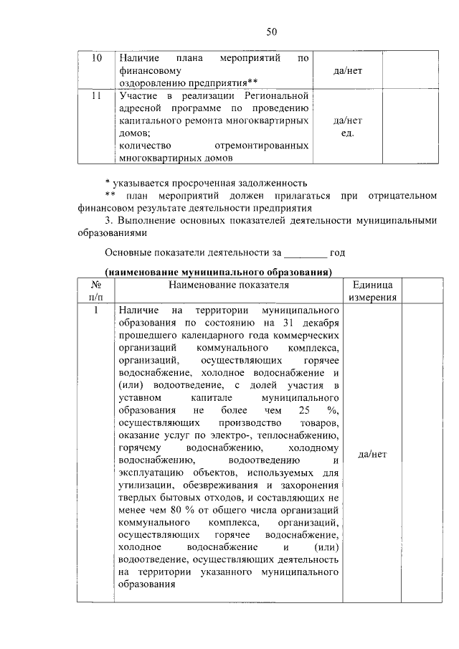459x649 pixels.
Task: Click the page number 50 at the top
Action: pos(271,31)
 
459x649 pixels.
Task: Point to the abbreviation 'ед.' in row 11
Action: pos(348,133)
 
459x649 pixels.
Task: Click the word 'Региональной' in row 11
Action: pos(278,95)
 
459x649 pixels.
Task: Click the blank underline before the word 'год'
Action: pos(306,252)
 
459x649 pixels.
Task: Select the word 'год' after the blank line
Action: pos(338,252)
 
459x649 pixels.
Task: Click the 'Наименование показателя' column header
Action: pos(229,285)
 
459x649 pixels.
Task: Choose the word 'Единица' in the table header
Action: pos(372,285)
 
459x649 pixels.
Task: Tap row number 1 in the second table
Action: pos(95,311)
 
